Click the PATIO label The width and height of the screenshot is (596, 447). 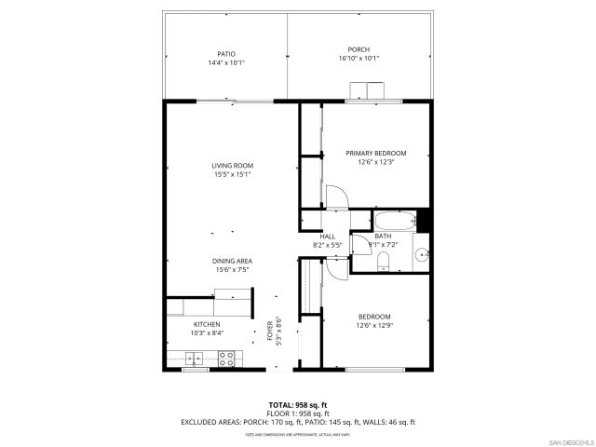click(x=226, y=54)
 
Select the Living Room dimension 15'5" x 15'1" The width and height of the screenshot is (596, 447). click(x=232, y=174)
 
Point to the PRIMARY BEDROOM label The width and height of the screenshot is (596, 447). click(x=376, y=153)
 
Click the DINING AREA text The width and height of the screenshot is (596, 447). click(x=232, y=261)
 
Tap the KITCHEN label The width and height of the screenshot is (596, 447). click(x=207, y=324)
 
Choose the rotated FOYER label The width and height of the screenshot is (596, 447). click(x=270, y=331)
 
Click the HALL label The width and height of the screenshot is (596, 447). click(x=328, y=237)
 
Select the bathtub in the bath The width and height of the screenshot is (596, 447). click(x=395, y=222)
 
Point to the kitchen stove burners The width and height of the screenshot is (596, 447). click(x=226, y=357)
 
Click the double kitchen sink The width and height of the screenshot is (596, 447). click(x=196, y=357)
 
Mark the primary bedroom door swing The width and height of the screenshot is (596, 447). click(x=333, y=196)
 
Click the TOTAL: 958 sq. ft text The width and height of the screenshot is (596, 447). click(x=297, y=404)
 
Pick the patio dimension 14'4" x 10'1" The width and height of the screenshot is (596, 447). click(x=226, y=63)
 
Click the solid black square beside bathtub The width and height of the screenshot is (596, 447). click(x=424, y=221)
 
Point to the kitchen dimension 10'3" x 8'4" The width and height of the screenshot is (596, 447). click(x=207, y=333)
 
